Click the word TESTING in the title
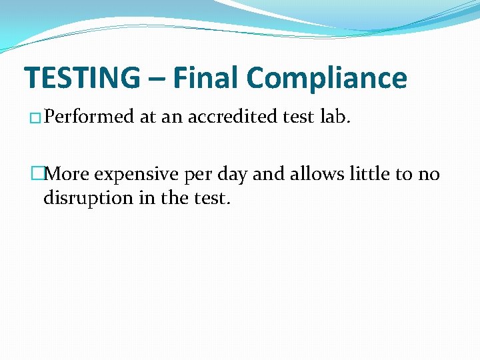[82, 78]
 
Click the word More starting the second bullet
[69, 175]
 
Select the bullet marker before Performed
[35, 119]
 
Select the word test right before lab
[300, 117]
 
